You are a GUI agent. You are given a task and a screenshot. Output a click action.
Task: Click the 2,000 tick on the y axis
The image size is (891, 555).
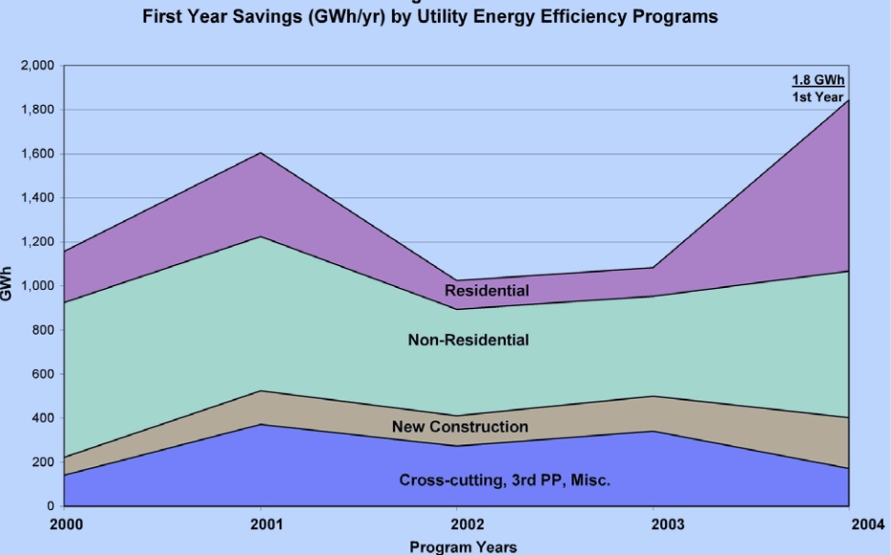pos(37,66)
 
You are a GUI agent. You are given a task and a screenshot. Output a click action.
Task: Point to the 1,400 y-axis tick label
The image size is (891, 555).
pos(37,198)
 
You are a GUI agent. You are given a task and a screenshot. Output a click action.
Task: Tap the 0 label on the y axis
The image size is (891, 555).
pos(51,506)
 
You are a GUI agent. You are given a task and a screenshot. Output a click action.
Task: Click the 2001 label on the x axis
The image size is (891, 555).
pos(266,524)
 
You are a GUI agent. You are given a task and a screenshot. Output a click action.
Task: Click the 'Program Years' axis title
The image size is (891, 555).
pos(463,547)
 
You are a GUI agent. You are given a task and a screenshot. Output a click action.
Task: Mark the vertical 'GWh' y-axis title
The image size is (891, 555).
pos(7,284)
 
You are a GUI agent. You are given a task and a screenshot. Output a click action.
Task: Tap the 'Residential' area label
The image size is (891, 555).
pos(487,291)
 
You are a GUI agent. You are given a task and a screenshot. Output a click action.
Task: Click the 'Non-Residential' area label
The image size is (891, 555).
pos(468,340)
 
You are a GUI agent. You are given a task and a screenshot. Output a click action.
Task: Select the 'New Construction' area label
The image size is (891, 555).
pos(460,426)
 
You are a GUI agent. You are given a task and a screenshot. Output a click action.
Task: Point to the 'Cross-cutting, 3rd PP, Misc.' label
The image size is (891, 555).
pos(505,481)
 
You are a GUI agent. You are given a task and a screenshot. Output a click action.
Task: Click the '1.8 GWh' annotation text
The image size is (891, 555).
pos(818,80)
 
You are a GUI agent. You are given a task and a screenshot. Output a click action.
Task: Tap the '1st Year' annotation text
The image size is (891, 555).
pos(818,97)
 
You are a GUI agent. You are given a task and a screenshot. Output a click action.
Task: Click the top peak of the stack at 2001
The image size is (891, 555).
pos(260,153)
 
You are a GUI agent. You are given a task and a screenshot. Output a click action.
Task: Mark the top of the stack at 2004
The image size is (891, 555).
pos(849,100)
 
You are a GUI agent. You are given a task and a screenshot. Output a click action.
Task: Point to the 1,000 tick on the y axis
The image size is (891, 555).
pos(37,286)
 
